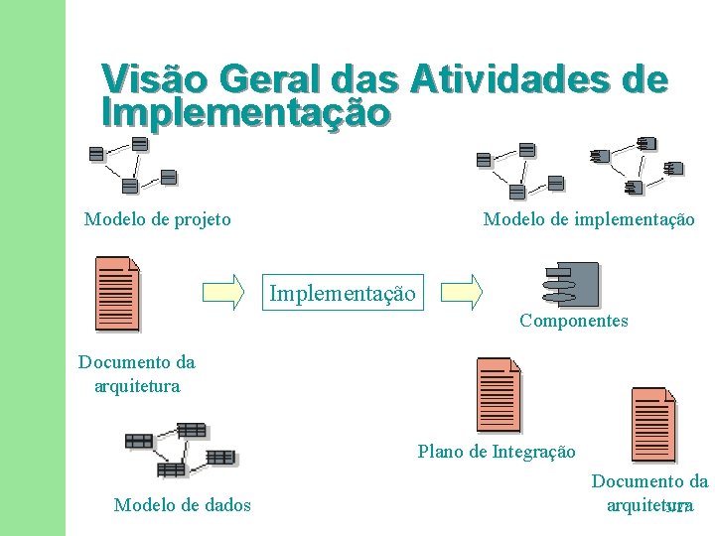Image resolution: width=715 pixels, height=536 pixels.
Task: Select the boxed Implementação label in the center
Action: [x=343, y=293]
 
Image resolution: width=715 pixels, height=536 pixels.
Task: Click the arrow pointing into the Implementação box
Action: [x=223, y=291]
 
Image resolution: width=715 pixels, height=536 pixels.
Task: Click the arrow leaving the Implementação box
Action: [x=462, y=291]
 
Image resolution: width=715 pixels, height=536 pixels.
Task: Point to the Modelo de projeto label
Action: [x=158, y=219]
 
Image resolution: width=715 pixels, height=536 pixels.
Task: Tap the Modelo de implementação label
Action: [x=589, y=219]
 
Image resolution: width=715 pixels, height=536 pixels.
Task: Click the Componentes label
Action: [x=574, y=321]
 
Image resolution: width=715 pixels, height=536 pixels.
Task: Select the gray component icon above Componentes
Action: [x=572, y=284]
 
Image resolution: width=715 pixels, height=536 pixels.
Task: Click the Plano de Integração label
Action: [x=497, y=452]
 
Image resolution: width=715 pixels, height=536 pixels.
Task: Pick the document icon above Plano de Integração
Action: [x=499, y=393]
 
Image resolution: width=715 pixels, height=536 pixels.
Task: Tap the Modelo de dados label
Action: [x=183, y=505]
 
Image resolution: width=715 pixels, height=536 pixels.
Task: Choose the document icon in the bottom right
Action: [x=653, y=424]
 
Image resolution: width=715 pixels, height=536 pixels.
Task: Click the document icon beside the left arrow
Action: [x=117, y=293]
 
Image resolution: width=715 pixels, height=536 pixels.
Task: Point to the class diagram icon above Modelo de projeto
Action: [x=132, y=164]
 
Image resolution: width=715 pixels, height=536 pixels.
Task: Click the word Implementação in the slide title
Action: [x=245, y=112]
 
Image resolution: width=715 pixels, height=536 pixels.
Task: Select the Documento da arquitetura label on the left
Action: [x=137, y=374]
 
